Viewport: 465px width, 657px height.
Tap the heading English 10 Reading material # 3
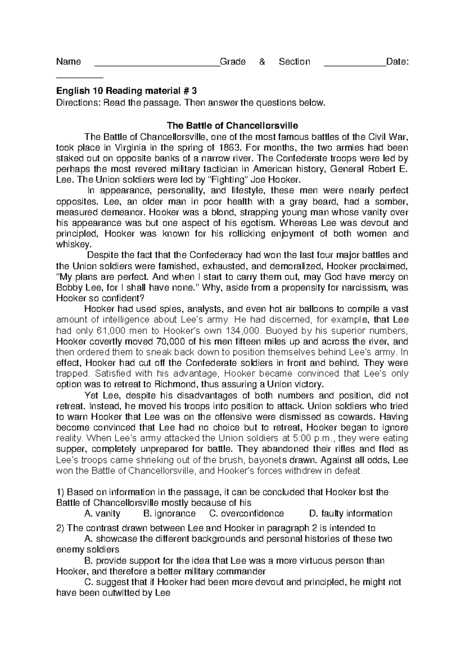pyautogui.click(x=127, y=91)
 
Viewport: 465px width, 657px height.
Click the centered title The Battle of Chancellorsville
pyautogui.click(x=232, y=126)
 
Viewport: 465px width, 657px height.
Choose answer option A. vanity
pyautogui.click(x=102, y=514)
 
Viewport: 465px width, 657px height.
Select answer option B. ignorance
pyautogui.click(x=169, y=514)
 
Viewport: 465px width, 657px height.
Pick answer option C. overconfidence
pyautogui.click(x=246, y=514)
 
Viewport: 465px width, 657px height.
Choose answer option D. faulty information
pyautogui.click(x=351, y=514)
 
